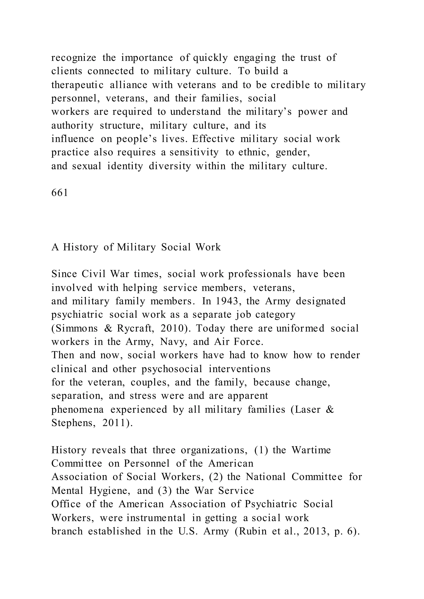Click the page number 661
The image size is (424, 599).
coord(60,193)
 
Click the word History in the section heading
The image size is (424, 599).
coord(80,247)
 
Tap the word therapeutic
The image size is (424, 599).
coord(77,85)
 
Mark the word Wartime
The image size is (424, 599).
coord(311,450)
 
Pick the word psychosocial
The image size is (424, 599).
coord(172,369)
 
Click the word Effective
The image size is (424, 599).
coord(213,139)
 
